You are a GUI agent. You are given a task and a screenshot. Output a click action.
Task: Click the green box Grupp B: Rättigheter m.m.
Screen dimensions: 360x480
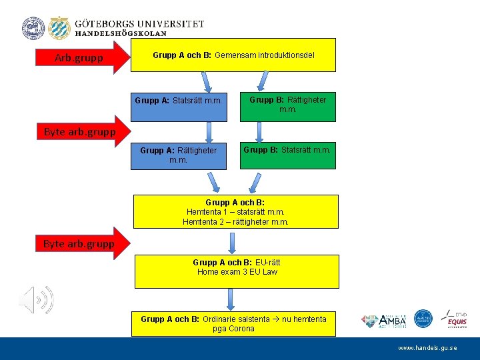tap(288, 105)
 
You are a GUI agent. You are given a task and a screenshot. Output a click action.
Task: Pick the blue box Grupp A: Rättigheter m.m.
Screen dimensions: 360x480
tap(178, 155)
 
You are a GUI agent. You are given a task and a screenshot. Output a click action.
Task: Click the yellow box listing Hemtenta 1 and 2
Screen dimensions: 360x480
tap(236, 212)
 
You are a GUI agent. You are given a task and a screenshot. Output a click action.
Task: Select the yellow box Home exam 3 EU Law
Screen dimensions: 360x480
tap(236, 271)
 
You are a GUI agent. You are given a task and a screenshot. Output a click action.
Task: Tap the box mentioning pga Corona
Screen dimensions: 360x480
tap(233, 323)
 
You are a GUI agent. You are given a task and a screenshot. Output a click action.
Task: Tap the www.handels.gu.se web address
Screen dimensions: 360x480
tap(427, 348)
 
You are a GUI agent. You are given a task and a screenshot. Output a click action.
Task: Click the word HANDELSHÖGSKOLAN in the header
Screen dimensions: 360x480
tap(121, 33)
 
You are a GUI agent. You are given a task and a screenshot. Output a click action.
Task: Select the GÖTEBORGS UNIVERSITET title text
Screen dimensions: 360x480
tap(139, 23)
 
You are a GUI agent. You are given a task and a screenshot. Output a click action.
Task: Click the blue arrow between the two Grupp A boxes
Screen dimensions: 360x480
tap(209, 131)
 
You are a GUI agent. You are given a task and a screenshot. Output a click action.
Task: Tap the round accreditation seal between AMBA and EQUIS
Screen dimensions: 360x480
tap(423, 319)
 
